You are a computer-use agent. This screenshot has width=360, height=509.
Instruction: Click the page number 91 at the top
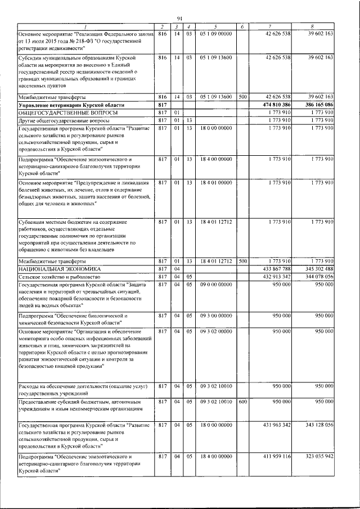[x=180, y=19]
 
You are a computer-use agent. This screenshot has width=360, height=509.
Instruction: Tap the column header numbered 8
[x=313, y=27]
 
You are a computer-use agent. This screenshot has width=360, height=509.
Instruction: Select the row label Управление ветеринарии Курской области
[x=71, y=105]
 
